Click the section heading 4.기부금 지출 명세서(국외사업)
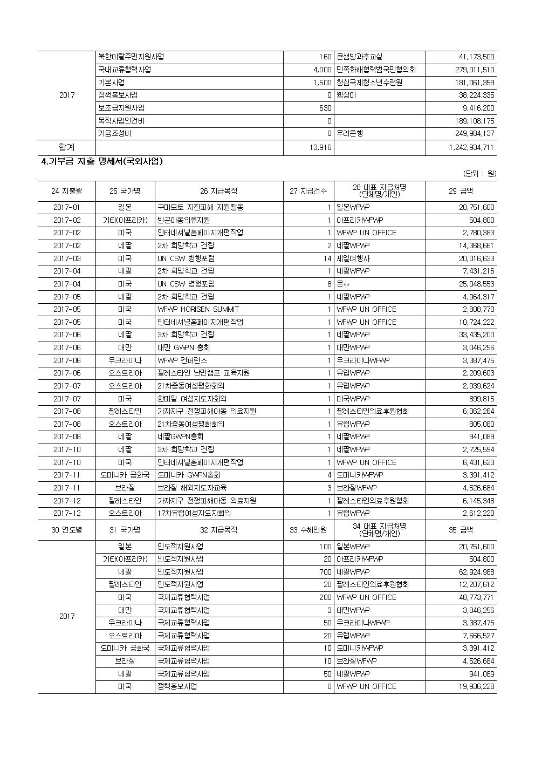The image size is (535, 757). click(102, 161)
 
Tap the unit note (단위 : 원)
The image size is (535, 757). click(479, 174)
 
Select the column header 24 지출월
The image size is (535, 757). click(67, 191)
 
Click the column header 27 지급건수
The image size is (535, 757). click(308, 191)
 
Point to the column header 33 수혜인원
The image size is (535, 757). click(308, 530)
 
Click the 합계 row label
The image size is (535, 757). click(67, 147)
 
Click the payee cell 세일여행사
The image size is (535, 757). click(353, 258)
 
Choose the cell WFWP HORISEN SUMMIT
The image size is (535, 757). click(198, 309)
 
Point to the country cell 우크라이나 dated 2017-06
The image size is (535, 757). click(125, 360)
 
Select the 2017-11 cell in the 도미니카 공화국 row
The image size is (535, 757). click(67, 475)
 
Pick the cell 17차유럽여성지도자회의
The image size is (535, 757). click(194, 513)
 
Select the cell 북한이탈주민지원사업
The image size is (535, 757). click(131, 57)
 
